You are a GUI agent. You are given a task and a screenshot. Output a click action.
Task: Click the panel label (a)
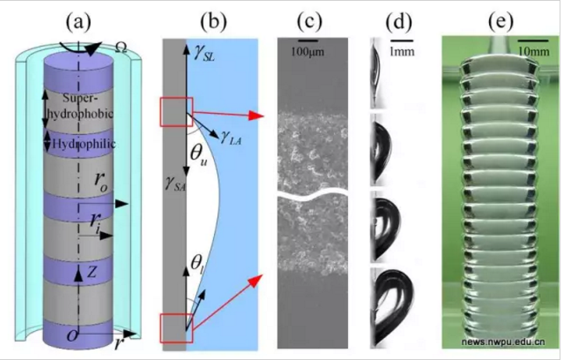click(78, 22)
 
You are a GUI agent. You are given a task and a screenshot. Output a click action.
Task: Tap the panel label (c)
click(310, 22)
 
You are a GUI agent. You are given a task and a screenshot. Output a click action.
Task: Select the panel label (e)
click(501, 22)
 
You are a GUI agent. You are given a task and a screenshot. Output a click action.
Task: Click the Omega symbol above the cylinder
click(121, 49)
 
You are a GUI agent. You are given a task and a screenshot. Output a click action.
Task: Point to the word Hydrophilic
click(84, 144)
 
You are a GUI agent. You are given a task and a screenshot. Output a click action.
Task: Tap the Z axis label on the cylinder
click(92, 273)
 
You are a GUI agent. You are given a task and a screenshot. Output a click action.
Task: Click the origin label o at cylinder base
click(72, 336)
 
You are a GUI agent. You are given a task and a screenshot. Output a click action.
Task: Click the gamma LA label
click(231, 137)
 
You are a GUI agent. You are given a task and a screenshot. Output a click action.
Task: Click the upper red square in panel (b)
click(176, 112)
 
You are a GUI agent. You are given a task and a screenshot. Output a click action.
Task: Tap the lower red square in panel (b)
click(176, 328)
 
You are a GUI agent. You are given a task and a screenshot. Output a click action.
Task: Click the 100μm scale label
click(307, 52)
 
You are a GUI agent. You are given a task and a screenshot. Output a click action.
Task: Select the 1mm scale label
click(402, 52)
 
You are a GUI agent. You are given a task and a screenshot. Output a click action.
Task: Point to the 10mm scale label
click(534, 52)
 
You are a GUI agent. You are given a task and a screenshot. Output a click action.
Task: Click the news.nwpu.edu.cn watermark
click(503, 342)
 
